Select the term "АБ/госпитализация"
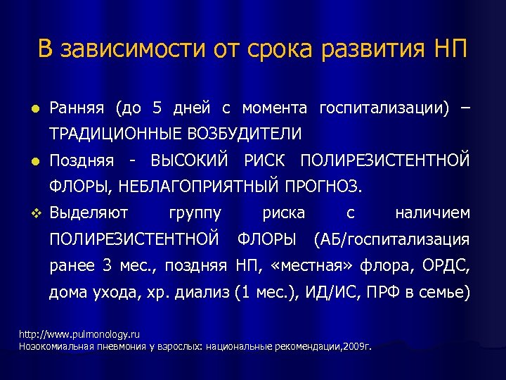point(392,239)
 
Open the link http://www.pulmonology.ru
point(69,335)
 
